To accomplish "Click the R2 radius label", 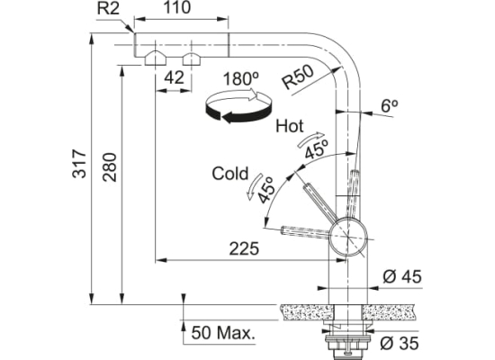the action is tap(108, 8).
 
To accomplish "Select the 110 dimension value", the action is tap(177, 7).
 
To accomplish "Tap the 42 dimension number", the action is tap(174, 77).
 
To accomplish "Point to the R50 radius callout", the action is tap(298, 76).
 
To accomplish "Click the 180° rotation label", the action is tap(241, 79).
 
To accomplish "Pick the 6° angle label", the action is tap(389, 106).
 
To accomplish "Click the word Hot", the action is tap(290, 126).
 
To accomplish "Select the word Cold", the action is tap(230, 174).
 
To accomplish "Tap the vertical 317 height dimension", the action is tap(79, 164).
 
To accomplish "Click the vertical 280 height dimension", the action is tap(110, 167).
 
